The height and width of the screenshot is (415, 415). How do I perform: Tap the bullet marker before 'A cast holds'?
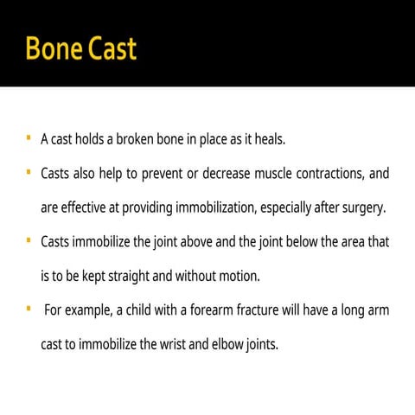[x=29, y=137]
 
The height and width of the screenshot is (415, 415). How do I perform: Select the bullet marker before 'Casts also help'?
[x=29, y=172]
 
